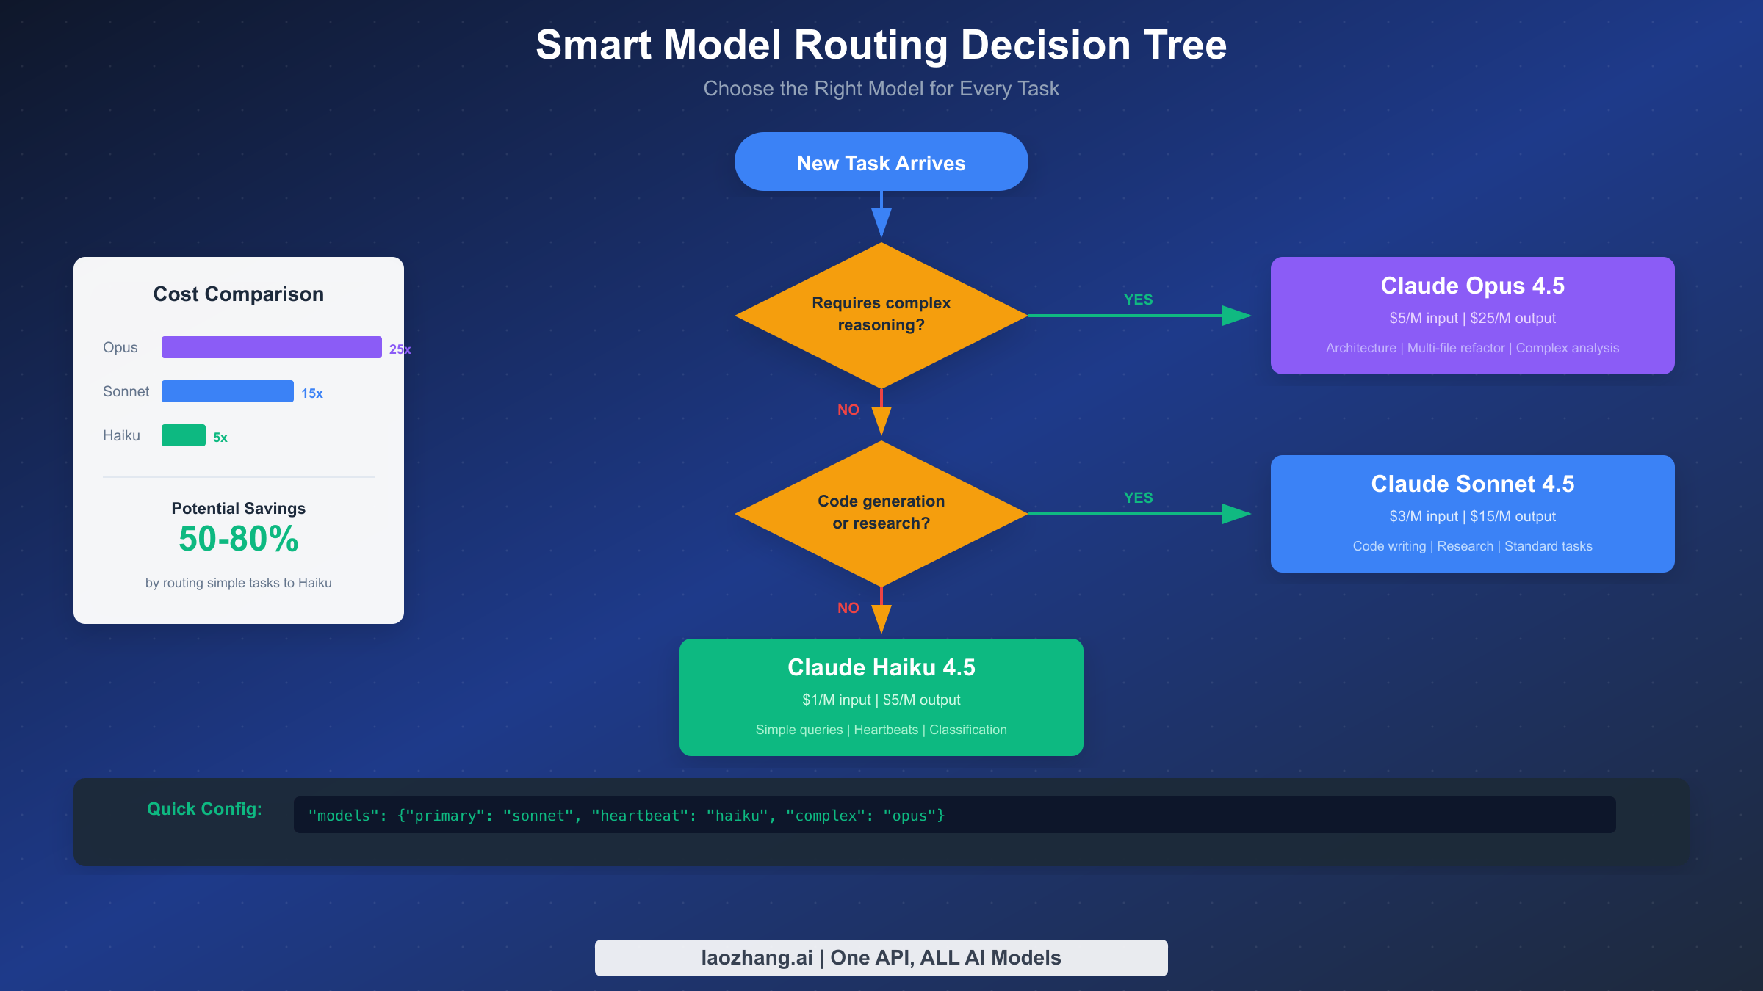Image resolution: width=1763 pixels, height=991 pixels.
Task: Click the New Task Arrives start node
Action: (881, 162)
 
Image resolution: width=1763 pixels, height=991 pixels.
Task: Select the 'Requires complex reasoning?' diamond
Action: (881, 315)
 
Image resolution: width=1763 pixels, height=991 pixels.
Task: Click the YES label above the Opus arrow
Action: (1138, 300)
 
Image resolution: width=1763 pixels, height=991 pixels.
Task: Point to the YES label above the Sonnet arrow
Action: (1138, 498)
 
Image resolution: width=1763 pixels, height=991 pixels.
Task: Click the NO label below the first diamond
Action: (848, 410)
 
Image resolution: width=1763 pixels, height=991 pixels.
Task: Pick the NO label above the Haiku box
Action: (848, 608)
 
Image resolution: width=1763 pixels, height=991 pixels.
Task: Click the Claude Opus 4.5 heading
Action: (1472, 286)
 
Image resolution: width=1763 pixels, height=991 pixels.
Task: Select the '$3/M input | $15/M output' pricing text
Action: (1472, 516)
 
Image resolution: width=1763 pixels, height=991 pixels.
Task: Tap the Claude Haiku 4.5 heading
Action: (881, 667)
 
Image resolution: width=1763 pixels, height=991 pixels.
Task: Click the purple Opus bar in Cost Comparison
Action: (271, 347)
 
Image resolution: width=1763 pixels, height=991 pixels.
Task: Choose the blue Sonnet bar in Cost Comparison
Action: (227, 391)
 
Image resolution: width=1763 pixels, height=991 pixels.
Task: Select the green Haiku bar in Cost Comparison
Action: (183, 435)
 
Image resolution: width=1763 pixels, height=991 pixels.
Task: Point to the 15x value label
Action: (311, 393)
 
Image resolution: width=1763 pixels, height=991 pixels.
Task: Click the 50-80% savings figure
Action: (238, 540)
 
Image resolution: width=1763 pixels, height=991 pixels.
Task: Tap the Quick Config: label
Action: (204, 809)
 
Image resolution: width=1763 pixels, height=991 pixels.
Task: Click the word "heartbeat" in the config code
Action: (641, 816)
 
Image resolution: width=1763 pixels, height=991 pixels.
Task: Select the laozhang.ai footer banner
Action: (881, 957)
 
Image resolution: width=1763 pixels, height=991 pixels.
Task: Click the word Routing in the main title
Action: (870, 46)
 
